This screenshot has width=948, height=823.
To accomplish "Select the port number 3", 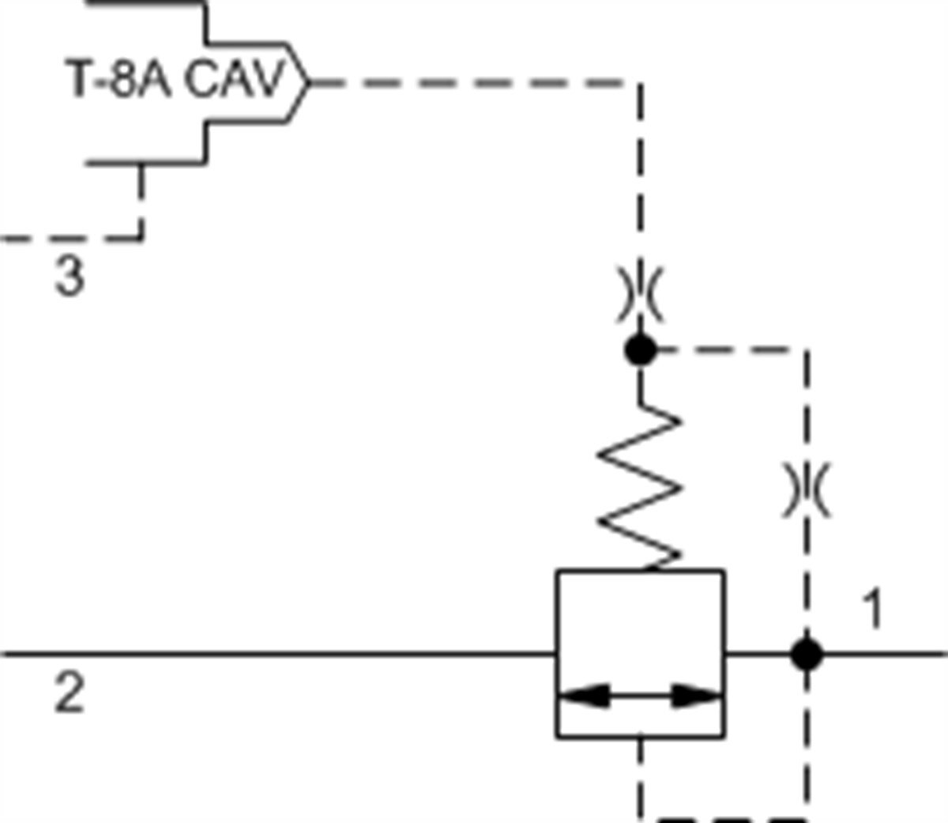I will (x=70, y=277).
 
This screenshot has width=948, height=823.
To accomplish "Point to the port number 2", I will (x=69, y=693).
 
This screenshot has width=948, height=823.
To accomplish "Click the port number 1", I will (x=872, y=610).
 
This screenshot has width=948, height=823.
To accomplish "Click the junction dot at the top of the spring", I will (x=640, y=349).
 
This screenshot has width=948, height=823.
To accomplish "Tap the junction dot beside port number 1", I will (x=806, y=655).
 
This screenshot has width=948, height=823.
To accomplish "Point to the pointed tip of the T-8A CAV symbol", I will (x=308, y=81).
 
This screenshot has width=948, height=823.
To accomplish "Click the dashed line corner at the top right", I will (x=640, y=82).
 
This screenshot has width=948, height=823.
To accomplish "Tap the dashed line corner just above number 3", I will (x=141, y=236).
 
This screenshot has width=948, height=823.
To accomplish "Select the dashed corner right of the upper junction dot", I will (x=806, y=349).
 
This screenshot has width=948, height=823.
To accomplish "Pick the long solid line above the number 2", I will (x=276, y=655).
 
